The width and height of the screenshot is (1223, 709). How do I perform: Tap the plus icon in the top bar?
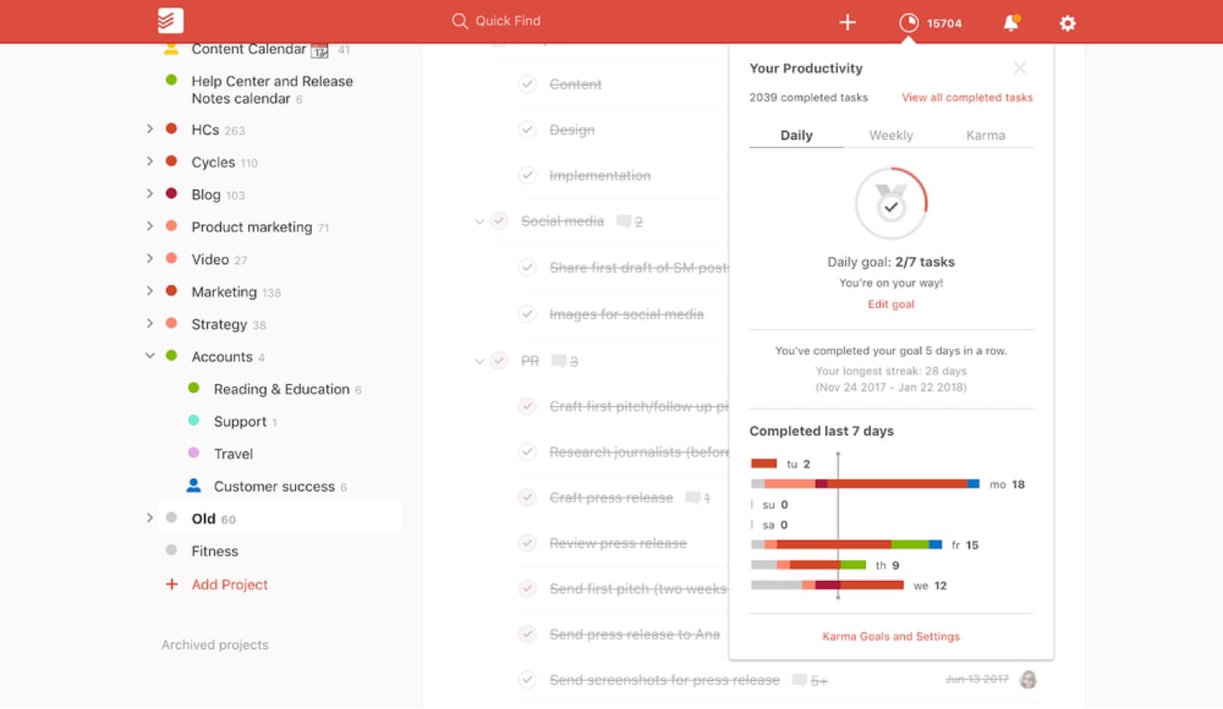847,22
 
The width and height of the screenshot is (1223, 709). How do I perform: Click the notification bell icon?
1011,22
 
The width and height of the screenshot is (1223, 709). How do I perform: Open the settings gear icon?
1068,23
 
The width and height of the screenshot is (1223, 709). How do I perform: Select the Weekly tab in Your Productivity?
891,136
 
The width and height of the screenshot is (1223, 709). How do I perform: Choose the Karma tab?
985,136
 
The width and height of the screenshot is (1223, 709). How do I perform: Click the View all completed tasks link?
967,98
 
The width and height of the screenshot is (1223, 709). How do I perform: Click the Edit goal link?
891,304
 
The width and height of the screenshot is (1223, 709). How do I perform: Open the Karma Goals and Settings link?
891,636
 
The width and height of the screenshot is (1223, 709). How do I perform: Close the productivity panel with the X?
1020,68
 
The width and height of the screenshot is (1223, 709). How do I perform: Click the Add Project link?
229,584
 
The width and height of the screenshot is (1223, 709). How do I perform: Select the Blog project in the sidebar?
206,194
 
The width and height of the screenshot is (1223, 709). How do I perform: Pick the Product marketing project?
251,226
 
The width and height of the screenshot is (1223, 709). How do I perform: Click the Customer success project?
274,486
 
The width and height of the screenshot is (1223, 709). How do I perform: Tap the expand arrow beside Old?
150,518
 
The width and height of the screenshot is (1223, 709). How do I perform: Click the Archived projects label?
215,645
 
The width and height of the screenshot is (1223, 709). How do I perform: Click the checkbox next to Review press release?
527,543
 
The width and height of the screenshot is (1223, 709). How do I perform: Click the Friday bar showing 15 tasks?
846,545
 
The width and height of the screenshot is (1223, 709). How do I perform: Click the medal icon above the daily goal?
891,203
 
